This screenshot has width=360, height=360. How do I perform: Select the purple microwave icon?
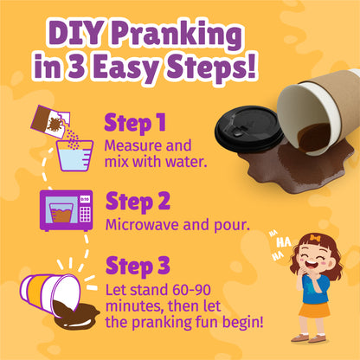point(66,210)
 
